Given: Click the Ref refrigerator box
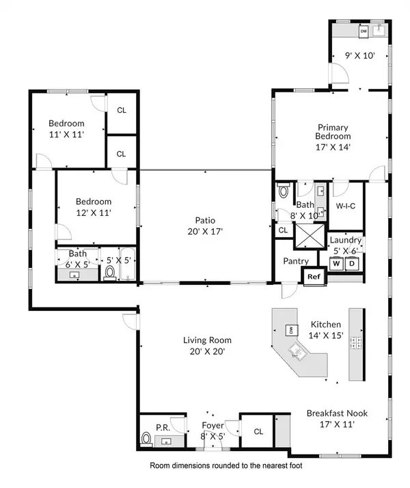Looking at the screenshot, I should click(314, 277).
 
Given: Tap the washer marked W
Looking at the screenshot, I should click(336, 263).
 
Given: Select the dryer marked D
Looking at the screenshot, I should click(353, 263).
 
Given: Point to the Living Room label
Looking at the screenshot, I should click(207, 340).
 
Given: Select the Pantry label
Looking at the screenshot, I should click(296, 261).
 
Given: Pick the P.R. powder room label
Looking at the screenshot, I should click(163, 427).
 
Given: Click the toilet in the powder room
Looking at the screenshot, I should click(146, 437).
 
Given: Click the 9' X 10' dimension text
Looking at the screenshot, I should click(359, 57).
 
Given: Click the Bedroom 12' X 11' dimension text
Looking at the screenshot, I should click(94, 213).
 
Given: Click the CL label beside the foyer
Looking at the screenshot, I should click(258, 431).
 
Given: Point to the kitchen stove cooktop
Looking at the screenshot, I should click(355, 342).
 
